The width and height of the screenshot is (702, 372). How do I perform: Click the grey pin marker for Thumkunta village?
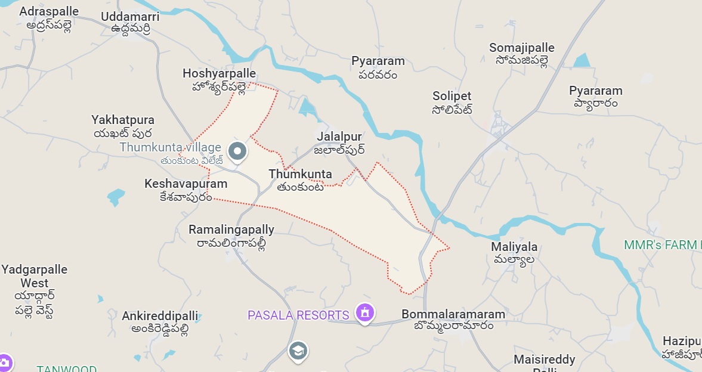pyautogui.click(x=237, y=151)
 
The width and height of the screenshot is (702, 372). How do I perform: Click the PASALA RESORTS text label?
pyautogui.click(x=298, y=315)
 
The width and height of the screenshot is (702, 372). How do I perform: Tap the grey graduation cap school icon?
pyautogui.click(x=298, y=351)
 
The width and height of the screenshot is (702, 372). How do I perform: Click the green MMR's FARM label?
pyautogui.click(x=660, y=245)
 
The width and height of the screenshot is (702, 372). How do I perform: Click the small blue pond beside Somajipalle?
pyautogui.click(x=581, y=60)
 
